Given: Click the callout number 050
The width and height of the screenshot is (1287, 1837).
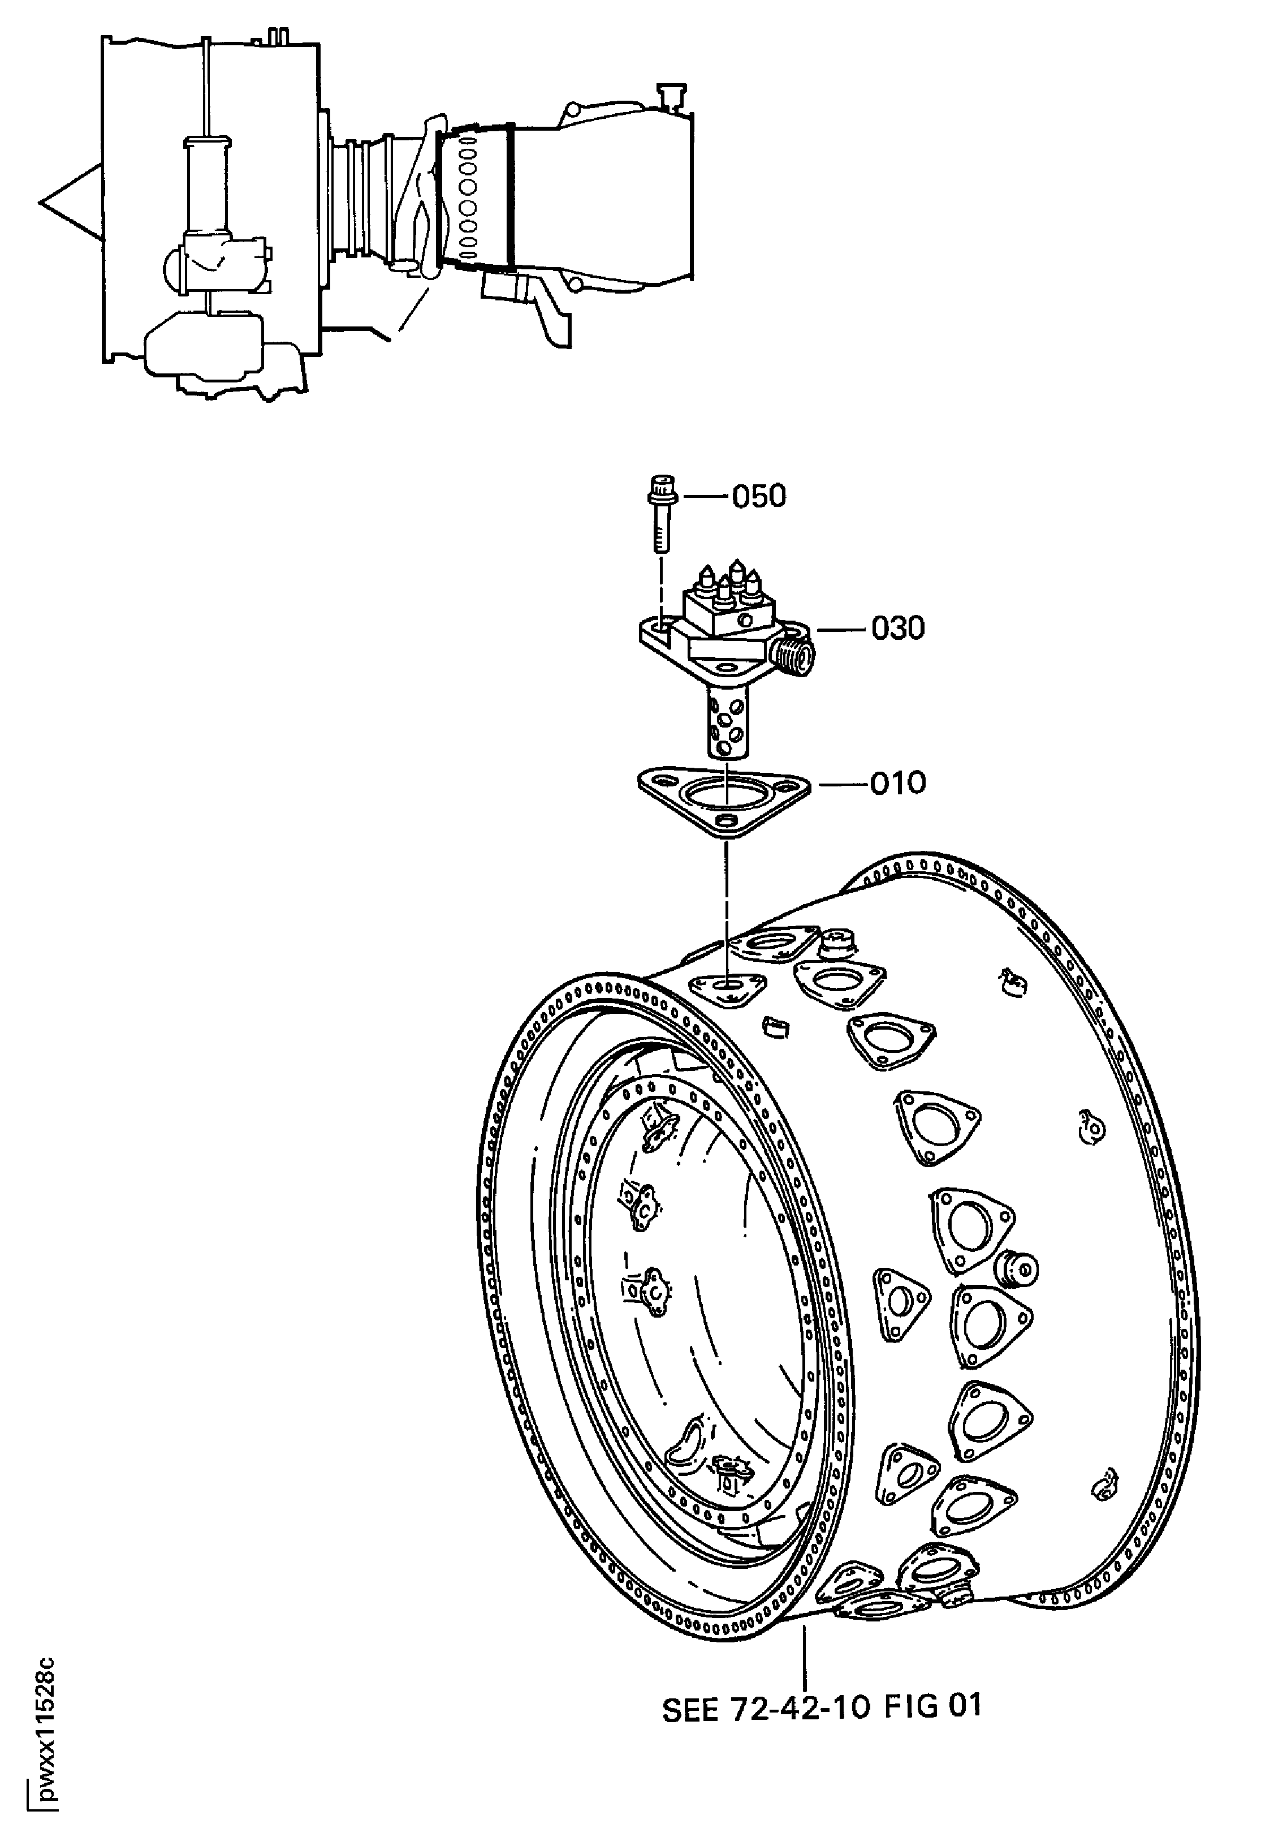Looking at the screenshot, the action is click(x=759, y=497).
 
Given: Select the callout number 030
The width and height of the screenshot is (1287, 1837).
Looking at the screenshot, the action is click(x=897, y=629).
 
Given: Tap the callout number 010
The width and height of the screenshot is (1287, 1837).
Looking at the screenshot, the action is click(x=897, y=782).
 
